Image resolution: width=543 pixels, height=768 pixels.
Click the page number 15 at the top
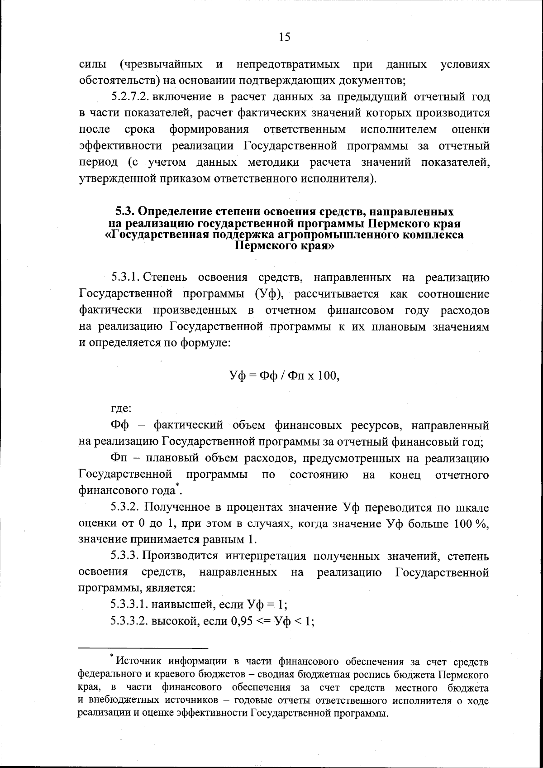point(285,37)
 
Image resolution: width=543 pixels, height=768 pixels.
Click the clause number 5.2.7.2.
point(130,97)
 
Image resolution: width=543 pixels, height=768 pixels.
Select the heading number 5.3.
point(124,211)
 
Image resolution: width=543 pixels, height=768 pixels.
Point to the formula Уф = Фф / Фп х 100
point(284,376)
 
